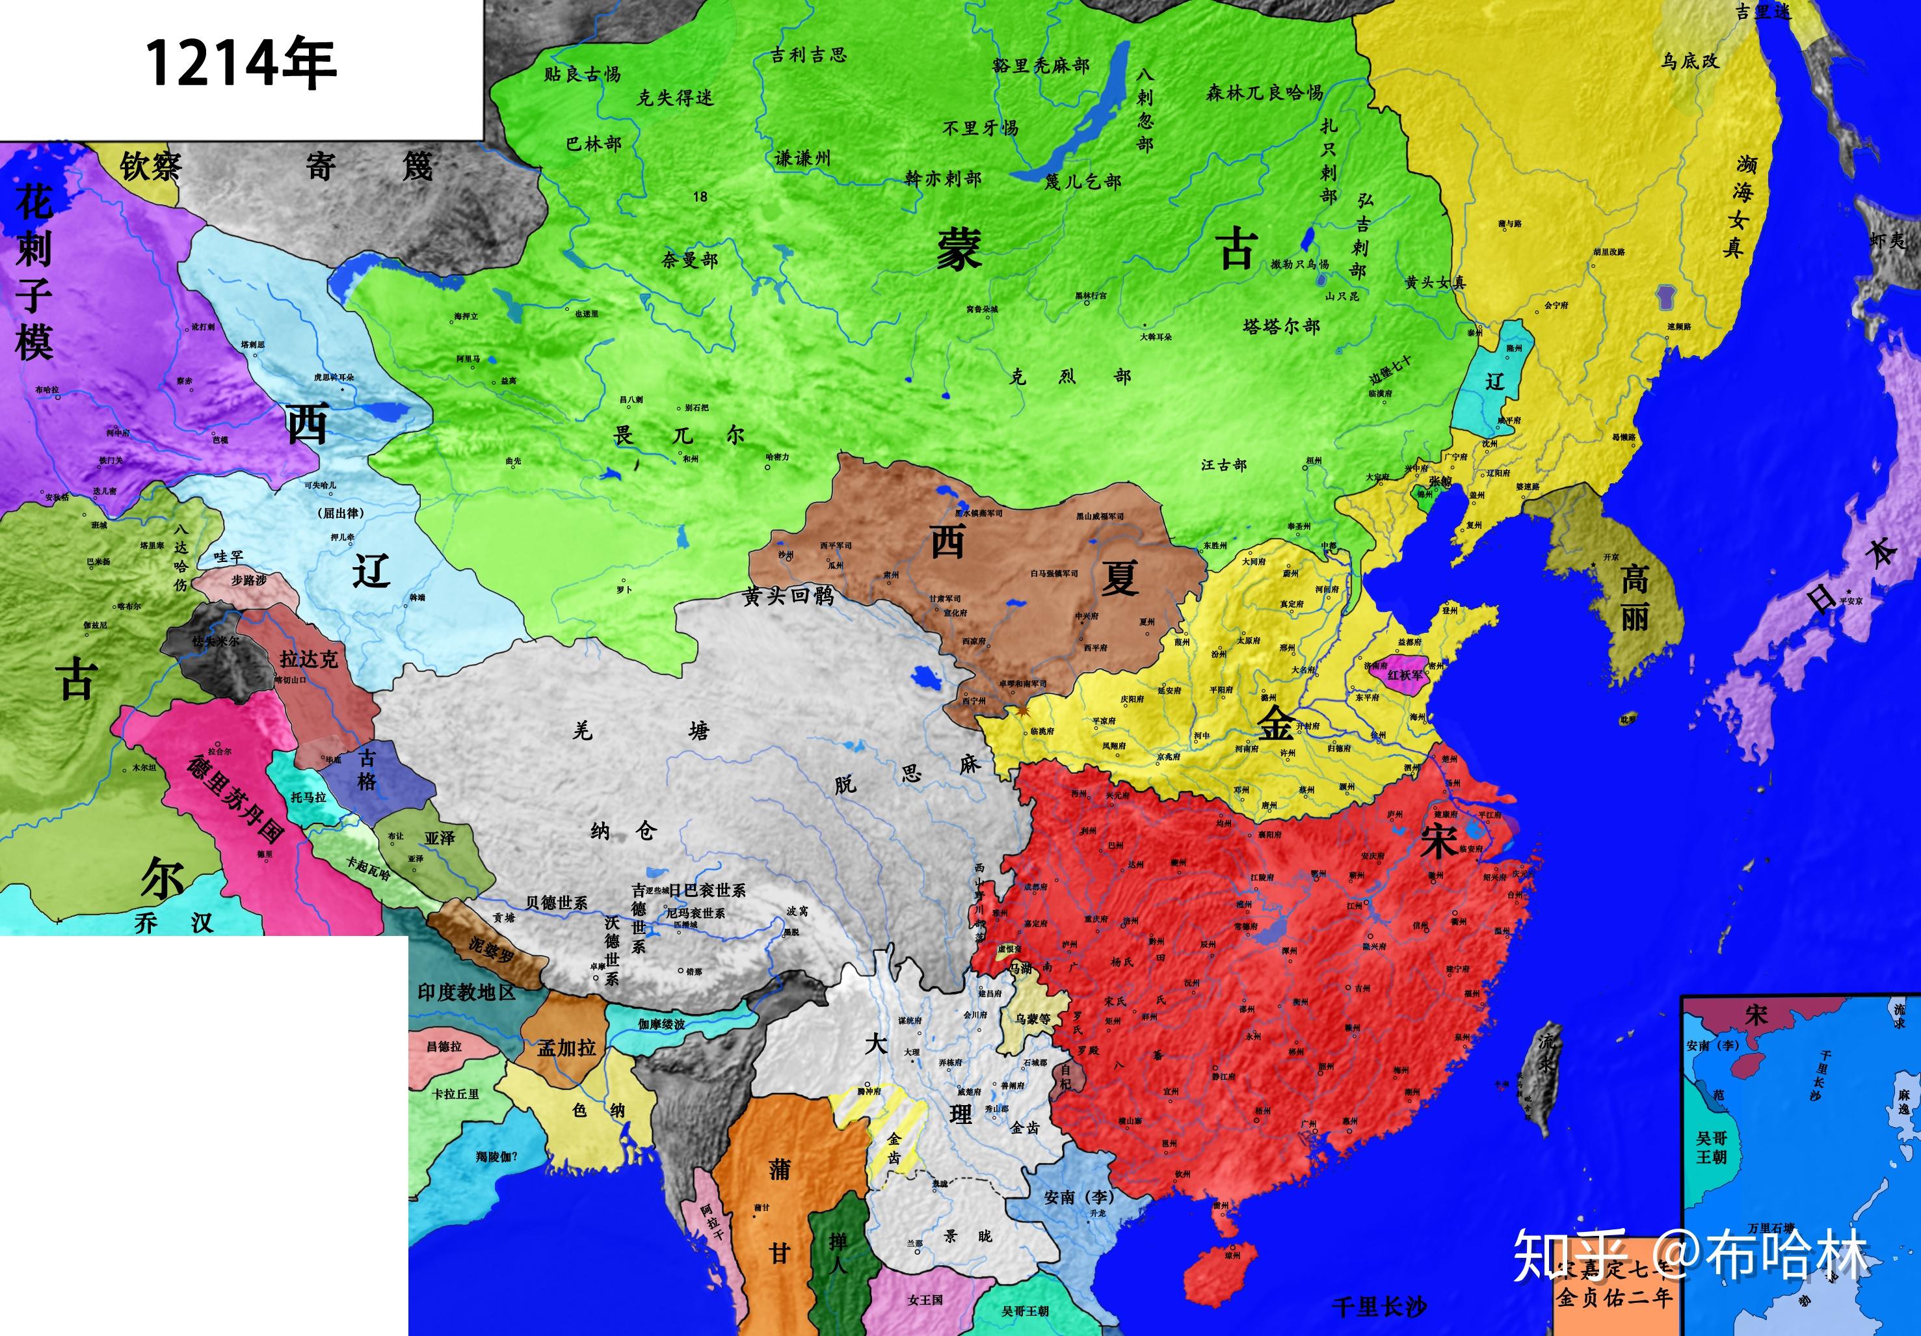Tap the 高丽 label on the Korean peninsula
click(x=1634, y=598)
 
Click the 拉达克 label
click(x=309, y=659)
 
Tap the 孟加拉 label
click(x=566, y=1047)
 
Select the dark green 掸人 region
click(x=839, y=1251)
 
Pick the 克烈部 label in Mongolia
click(x=1069, y=376)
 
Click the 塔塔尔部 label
click(x=1281, y=327)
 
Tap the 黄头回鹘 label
click(x=788, y=595)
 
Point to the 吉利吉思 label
click(x=808, y=55)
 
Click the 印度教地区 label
click(x=466, y=993)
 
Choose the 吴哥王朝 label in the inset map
click(x=1711, y=1147)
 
